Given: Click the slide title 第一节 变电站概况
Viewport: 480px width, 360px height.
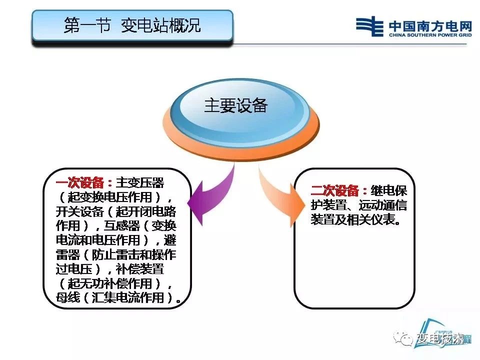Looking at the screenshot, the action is (x=132, y=25).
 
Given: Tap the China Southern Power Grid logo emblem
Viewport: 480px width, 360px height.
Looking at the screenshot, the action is (x=369, y=26).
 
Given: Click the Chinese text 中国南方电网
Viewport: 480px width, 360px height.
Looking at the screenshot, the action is (x=430, y=26).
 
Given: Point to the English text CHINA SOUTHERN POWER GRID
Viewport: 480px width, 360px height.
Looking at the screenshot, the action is (x=430, y=35).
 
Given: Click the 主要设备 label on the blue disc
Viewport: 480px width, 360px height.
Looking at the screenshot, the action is (x=235, y=105).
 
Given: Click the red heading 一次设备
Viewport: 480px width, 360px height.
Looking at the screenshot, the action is (x=80, y=183).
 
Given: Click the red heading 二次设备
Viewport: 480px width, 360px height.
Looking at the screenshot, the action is (x=334, y=190).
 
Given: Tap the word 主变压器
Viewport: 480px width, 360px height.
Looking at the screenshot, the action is (x=140, y=183).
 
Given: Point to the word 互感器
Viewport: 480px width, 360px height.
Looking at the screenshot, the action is (x=122, y=226).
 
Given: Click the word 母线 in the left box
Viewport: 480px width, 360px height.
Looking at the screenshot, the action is (x=68, y=297).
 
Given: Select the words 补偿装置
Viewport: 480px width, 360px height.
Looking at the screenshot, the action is (x=140, y=269).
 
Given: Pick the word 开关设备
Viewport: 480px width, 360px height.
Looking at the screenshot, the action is (x=80, y=211).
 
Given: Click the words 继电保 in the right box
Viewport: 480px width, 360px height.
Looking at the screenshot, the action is (x=389, y=190).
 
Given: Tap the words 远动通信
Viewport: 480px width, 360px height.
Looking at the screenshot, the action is (x=383, y=205).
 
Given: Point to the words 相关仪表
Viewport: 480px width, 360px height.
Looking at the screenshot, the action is (x=370, y=219).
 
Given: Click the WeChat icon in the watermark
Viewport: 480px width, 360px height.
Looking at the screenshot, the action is (x=403, y=338).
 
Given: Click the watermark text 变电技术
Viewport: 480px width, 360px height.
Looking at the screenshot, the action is (x=441, y=339).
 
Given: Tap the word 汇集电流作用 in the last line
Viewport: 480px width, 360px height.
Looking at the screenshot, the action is (x=128, y=297).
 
